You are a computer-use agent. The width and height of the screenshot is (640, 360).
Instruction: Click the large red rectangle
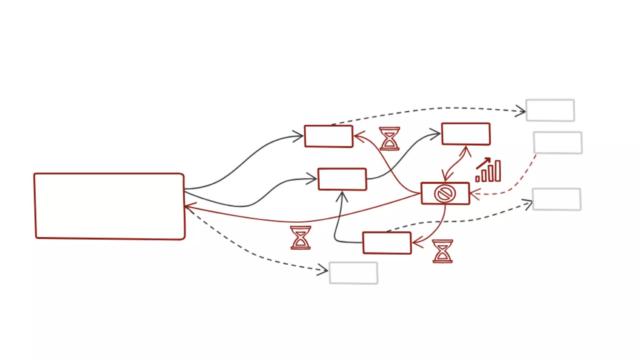click(109, 206)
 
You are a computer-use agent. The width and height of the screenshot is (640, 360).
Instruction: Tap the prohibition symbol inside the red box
click(445, 194)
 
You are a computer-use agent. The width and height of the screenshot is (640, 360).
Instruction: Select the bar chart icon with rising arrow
click(488, 170)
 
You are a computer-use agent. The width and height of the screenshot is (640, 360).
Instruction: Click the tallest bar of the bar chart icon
click(498, 171)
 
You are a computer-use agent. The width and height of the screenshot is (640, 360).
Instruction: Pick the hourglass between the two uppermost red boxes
click(389, 138)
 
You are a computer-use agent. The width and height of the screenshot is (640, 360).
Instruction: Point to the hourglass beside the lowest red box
click(442, 251)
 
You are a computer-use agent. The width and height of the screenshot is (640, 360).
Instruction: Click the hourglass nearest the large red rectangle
click(301, 237)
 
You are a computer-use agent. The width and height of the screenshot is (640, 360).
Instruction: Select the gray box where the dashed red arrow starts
click(558, 142)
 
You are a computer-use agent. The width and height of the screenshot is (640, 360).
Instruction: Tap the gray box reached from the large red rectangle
click(353, 273)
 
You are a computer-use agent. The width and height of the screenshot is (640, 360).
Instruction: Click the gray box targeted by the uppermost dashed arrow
click(550, 110)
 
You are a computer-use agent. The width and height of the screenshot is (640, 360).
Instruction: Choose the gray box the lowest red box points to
click(557, 199)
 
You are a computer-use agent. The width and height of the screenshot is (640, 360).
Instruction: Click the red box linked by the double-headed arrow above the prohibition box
click(466, 134)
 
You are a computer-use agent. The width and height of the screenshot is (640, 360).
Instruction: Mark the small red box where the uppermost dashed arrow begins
click(329, 136)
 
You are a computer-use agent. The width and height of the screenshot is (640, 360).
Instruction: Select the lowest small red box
click(387, 243)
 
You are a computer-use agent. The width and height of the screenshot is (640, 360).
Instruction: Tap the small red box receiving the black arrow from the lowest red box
click(342, 179)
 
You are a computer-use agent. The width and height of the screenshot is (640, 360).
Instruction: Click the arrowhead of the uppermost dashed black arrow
click(522, 111)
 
